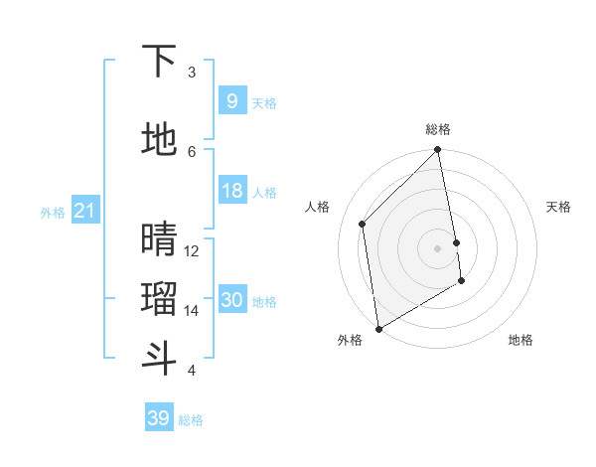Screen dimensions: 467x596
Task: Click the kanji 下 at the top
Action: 159,62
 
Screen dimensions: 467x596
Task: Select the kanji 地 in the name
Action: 159,140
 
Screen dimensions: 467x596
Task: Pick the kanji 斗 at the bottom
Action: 159,359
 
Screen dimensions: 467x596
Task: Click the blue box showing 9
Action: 231,101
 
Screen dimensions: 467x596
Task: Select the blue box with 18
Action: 231,191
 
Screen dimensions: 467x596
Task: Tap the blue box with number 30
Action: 231,300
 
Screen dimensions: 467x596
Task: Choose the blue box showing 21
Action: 83,211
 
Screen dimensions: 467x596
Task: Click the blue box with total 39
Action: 158,418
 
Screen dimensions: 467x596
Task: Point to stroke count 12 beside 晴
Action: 192,250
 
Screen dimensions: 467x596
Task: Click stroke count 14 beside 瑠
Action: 192,310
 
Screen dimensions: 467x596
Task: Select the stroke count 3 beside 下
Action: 192,73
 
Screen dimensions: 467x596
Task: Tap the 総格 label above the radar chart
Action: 438,129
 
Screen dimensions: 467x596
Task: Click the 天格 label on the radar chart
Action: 558,207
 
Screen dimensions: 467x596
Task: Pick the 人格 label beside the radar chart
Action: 318,207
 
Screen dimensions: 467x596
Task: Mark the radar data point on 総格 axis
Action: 438,151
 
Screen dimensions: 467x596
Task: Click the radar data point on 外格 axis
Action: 378,328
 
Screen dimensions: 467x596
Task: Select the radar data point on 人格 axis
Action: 363,224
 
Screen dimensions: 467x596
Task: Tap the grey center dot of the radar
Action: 438,247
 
